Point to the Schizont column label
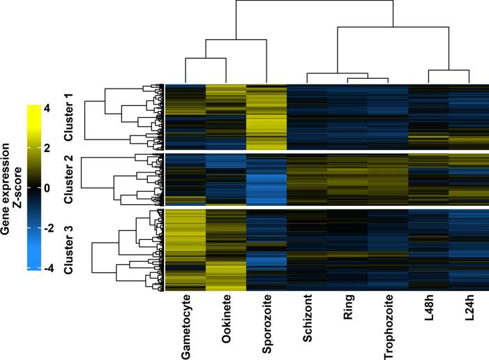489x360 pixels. click(306, 322)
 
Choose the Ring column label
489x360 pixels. click(347, 313)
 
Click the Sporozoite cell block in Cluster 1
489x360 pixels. click(266, 117)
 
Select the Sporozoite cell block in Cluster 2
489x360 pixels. click(266, 179)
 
